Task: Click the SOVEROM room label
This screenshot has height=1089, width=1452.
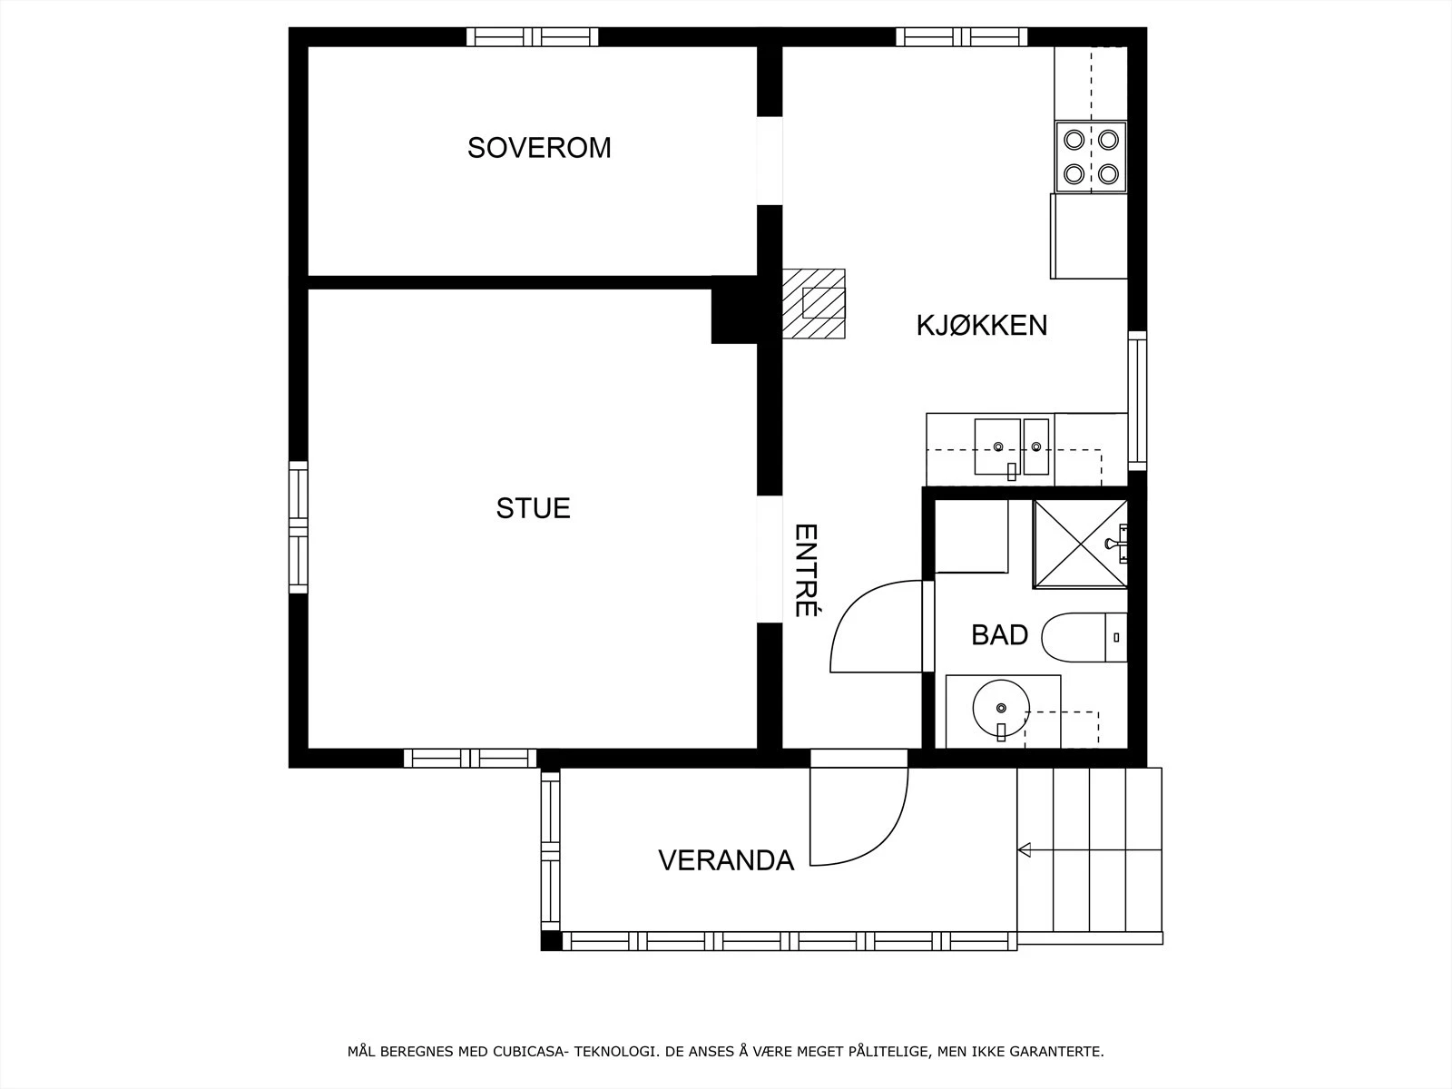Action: point(539,147)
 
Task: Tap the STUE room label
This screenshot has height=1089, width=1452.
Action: point(534,508)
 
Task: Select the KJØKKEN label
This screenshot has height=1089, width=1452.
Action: point(982,325)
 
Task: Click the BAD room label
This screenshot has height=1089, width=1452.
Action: point(999,634)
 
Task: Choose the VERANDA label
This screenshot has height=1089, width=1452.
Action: point(726,860)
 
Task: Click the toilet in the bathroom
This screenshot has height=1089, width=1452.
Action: point(1084,637)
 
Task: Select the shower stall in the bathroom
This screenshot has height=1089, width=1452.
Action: point(1080,544)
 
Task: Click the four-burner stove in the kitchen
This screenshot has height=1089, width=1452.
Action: point(1091,157)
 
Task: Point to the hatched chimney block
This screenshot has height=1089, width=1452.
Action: point(814,303)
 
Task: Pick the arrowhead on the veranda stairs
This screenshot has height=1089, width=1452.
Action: point(1024,849)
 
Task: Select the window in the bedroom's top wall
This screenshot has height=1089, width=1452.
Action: point(533,37)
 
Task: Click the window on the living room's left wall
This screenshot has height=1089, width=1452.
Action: point(299,527)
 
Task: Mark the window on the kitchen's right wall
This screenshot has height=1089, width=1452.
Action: point(1137,401)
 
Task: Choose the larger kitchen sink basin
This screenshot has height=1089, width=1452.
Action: point(996,447)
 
